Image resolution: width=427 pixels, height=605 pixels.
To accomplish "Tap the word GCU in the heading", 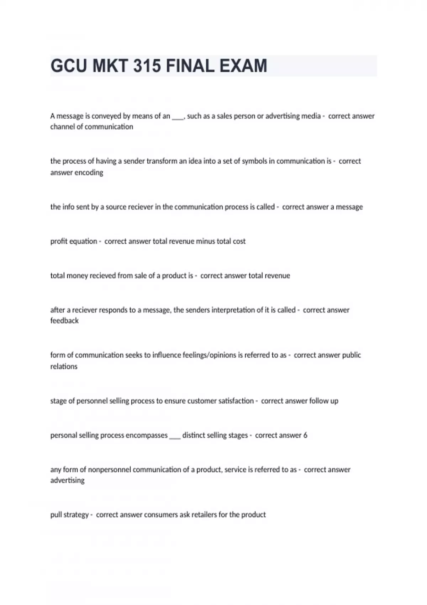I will [69, 66].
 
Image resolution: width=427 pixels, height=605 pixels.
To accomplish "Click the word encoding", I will [89, 173].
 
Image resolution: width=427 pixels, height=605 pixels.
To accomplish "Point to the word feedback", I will [64, 321].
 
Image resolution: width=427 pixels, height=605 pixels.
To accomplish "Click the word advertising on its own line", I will [67, 480].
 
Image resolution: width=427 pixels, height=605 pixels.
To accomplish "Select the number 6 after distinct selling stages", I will [305, 435].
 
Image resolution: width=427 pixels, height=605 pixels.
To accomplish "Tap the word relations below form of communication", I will [64, 367].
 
